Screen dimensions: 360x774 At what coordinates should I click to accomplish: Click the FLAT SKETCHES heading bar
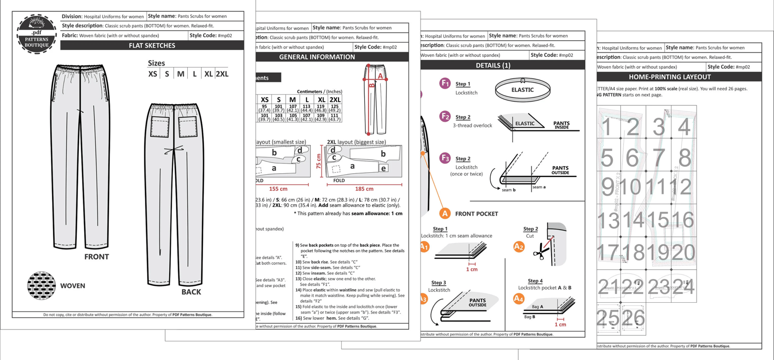click(x=152, y=45)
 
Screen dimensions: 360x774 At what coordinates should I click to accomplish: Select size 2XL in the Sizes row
click(x=222, y=74)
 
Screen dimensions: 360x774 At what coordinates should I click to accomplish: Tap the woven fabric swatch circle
click(x=42, y=286)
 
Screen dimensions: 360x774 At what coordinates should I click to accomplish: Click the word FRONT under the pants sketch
click(x=96, y=257)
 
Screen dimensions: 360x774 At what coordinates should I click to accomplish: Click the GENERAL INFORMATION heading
click(x=317, y=57)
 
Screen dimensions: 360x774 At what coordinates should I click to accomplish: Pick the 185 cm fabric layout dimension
click(x=364, y=189)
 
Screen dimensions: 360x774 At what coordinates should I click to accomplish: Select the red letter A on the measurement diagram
click(x=380, y=76)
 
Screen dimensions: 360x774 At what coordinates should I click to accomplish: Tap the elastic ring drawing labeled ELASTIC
click(x=522, y=90)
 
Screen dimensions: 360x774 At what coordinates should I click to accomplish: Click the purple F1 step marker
click(x=445, y=83)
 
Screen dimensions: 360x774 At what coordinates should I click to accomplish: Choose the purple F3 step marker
click(x=445, y=158)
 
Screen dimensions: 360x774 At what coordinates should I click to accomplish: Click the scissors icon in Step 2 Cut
click(x=539, y=251)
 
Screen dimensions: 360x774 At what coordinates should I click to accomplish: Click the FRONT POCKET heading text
click(x=476, y=214)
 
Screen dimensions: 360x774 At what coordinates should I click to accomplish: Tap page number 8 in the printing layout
click(x=685, y=158)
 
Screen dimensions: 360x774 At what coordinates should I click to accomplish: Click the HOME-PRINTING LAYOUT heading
click(x=670, y=77)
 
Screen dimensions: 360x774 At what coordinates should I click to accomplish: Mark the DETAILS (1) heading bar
click(x=493, y=66)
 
